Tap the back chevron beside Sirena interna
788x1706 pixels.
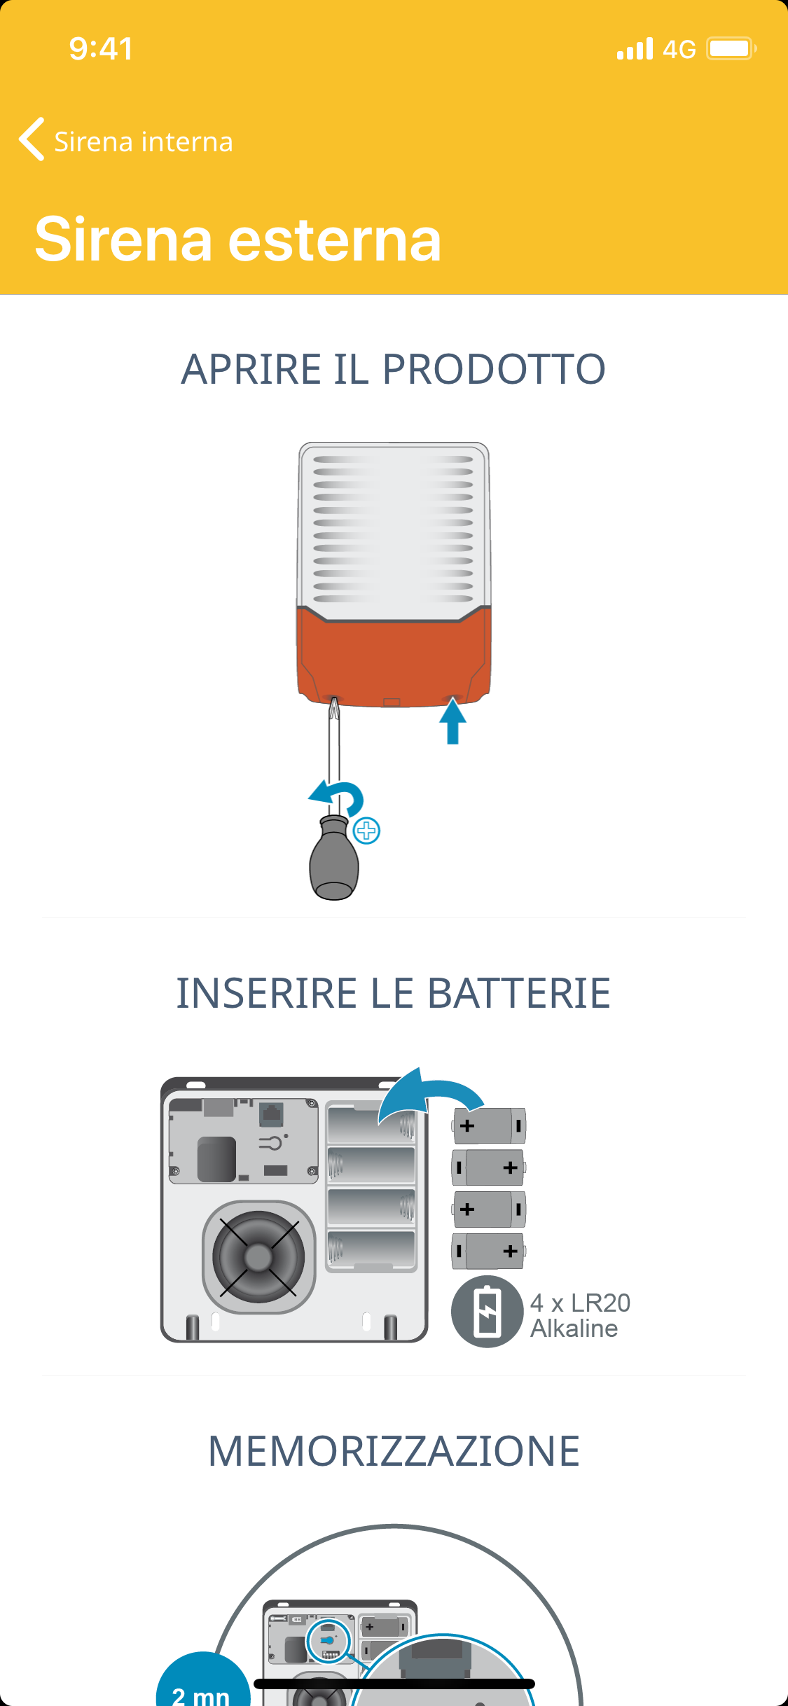pyautogui.click(x=32, y=139)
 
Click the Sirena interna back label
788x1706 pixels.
pyautogui.click(x=143, y=142)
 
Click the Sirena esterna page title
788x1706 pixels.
pyautogui.click(x=238, y=240)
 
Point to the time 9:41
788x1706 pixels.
pyautogui.click(x=101, y=49)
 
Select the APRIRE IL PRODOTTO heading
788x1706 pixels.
pyautogui.click(x=393, y=369)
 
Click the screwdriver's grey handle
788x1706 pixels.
pyautogui.click(x=334, y=861)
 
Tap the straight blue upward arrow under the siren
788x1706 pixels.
pyautogui.click(x=453, y=721)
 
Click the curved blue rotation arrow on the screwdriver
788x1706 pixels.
pyautogui.click(x=340, y=796)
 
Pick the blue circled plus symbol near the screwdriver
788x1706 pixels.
pyautogui.click(x=366, y=831)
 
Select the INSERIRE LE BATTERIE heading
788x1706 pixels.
pyautogui.click(x=393, y=993)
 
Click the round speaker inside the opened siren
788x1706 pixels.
pyautogui.click(x=258, y=1256)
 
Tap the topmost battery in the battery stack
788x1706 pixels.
pyautogui.click(x=489, y=1125)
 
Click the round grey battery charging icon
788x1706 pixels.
pyautogui.click(x=487, y=1312)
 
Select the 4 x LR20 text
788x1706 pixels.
pyautogui.click(x=580, y=1303)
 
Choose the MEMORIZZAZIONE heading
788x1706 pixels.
pyautogui.click(x=394, y=1451)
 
